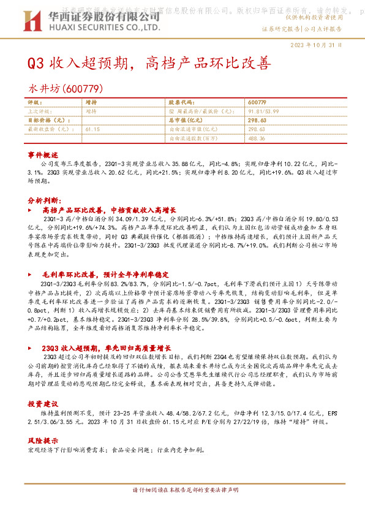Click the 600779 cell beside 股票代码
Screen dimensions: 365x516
258,102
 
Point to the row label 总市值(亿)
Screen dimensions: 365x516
187,121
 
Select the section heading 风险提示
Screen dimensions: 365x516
42,441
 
